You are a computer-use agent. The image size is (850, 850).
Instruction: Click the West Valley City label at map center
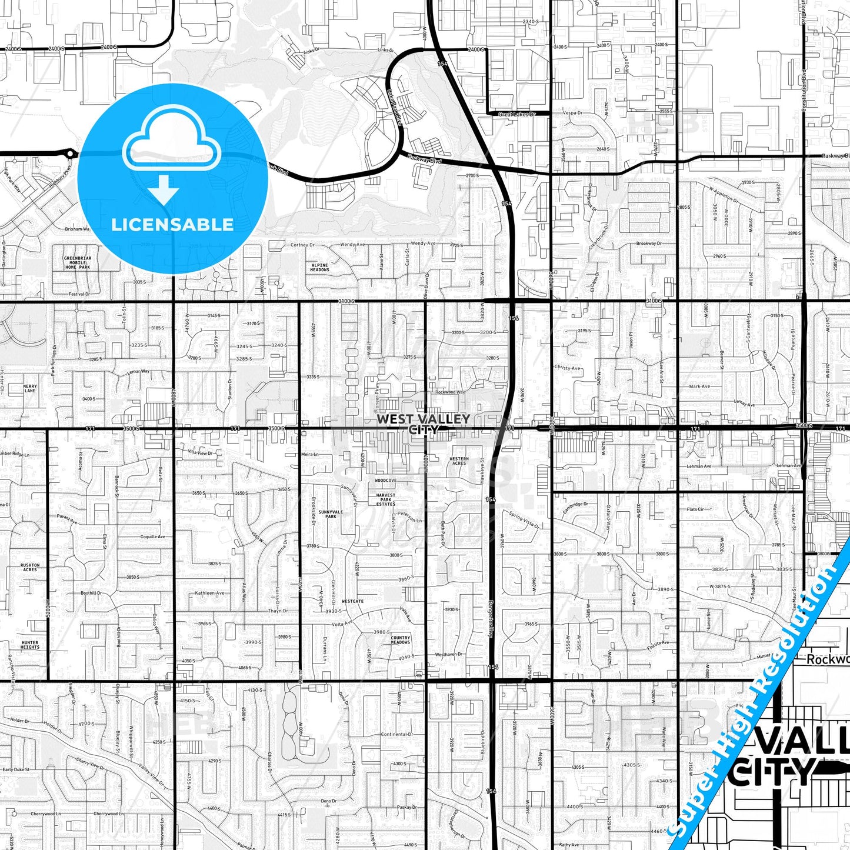coord(424,424)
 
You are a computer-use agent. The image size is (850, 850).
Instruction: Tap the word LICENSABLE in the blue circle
coord(172,224)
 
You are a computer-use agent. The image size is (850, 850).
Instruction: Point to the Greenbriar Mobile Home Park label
coord(78,262)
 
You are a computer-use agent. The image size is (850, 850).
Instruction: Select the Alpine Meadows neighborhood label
coord(319,268)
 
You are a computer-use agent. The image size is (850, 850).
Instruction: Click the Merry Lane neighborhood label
coord(30,388)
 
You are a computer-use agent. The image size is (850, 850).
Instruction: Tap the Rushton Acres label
coord(30,567)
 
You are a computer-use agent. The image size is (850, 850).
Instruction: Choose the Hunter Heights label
coord(30,645)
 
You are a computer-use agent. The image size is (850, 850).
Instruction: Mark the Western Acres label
coord(459,461)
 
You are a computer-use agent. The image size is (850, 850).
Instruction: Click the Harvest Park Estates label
coord(386,499)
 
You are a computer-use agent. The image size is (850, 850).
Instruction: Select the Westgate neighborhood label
coord(353,601)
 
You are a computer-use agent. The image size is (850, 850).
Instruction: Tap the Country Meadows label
coord(401,640)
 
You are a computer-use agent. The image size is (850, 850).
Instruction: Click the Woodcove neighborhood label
coord(386,481)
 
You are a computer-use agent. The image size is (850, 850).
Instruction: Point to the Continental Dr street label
coord(398,734)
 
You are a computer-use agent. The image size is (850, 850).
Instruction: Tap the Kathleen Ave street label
coord(210,593)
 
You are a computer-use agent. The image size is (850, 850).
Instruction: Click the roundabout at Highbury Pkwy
coord(71,154)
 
